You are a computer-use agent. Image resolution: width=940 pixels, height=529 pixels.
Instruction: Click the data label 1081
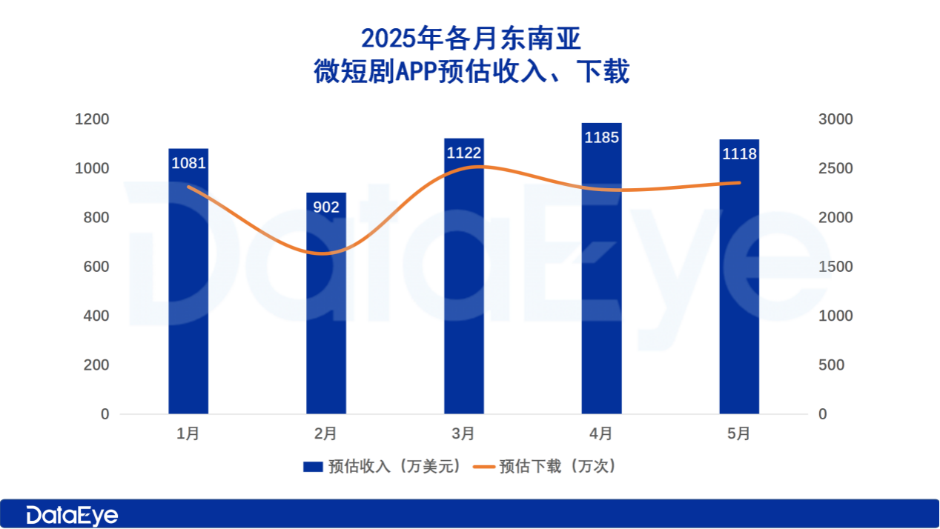coord(188,163)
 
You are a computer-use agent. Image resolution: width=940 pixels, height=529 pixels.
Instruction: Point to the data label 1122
coord(464,153)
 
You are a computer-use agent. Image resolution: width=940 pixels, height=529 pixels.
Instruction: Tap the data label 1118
coord(739,154)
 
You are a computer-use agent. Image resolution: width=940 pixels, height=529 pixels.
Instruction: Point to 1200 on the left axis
coord(92,120)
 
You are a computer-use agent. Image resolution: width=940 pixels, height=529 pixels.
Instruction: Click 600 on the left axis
coord(95,267)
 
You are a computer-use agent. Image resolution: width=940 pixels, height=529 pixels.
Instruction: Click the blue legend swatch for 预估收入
coord(313,467)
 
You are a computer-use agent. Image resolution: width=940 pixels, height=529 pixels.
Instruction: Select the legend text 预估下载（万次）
coord(557,467)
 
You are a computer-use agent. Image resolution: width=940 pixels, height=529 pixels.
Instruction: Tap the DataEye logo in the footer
coord(72,515)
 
